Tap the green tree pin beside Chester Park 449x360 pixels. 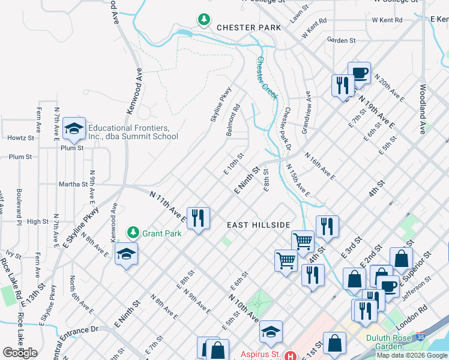tap(205, 20)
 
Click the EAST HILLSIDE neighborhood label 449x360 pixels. tap(259, 225)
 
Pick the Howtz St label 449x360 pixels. tap(20, 137)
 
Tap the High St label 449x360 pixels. tap(37, 221)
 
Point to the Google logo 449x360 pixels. tap(19, 353)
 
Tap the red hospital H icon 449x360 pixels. tap(291, 356)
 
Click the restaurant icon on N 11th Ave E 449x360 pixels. tap(199, 217)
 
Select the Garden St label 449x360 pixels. tap(342, 40)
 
